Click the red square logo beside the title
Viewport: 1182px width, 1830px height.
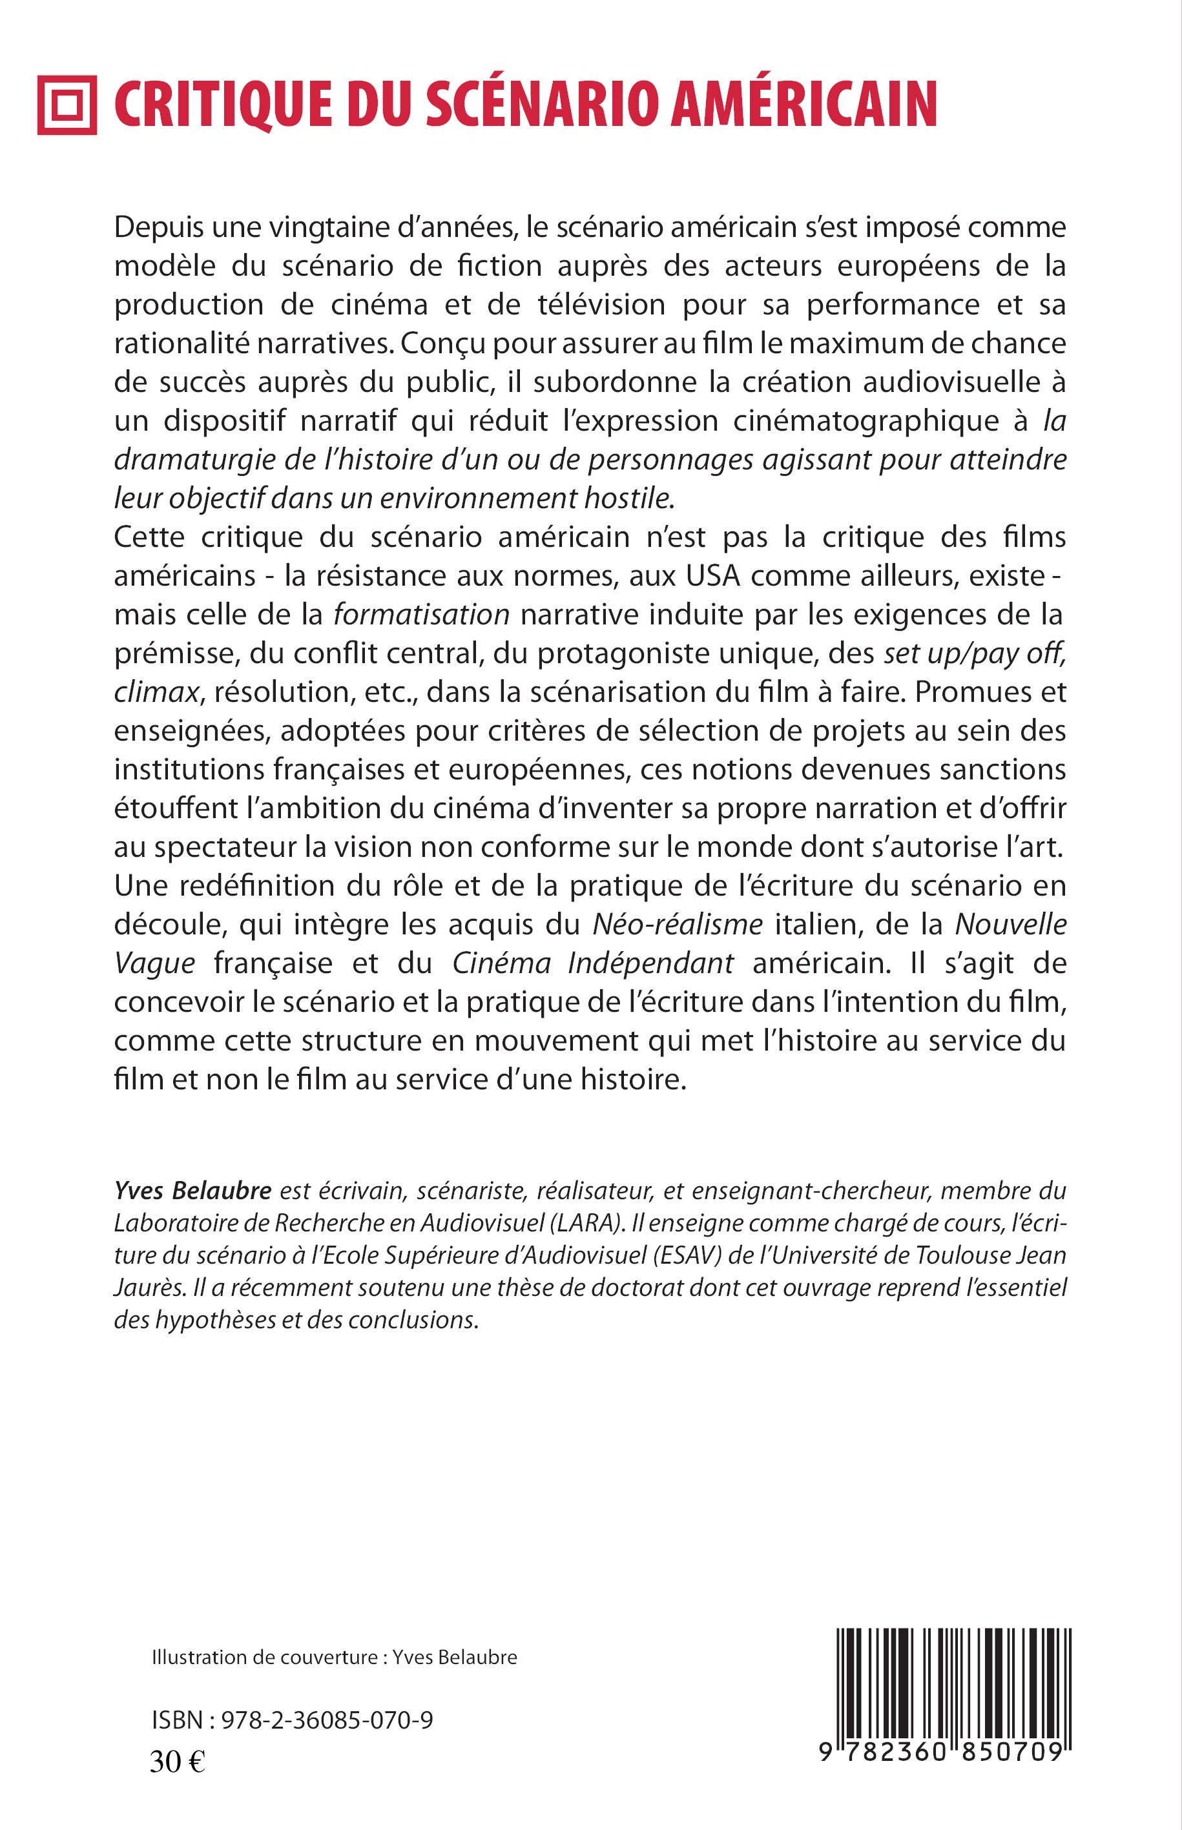67,105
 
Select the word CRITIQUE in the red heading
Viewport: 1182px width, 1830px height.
223,105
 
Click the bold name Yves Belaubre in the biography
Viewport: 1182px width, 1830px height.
192,1191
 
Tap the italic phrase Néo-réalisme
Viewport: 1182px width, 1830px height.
678,925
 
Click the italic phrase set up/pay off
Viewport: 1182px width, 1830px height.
974,653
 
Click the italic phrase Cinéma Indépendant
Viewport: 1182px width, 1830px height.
592,963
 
